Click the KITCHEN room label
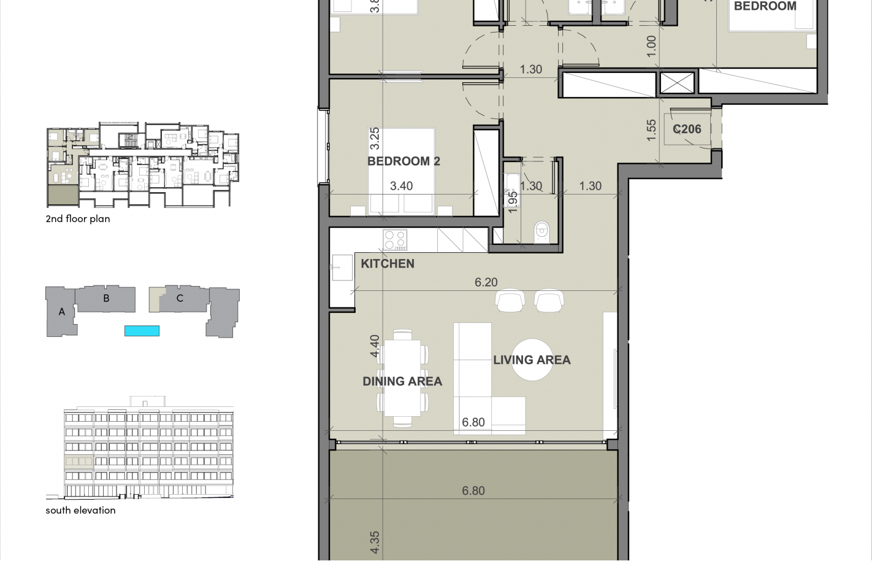388,264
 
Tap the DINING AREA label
402,381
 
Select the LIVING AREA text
532,360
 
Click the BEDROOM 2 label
403,161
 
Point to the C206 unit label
687,130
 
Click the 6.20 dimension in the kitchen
486,282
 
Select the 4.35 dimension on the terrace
375,543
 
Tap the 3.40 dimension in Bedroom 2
401,186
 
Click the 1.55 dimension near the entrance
651,130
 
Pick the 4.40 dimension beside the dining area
375,346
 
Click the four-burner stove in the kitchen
395,240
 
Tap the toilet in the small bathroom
542,232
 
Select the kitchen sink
342,268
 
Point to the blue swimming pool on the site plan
142,331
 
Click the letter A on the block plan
61,312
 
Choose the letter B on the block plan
106,298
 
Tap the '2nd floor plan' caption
78,219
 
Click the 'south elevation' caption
80,511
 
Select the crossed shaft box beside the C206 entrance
677,83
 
